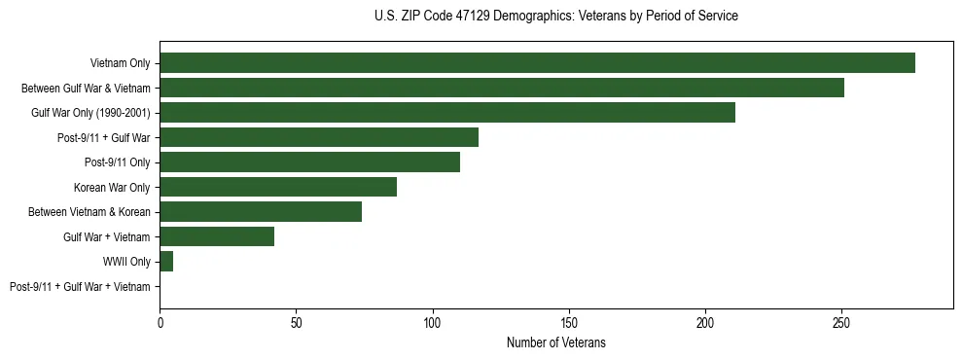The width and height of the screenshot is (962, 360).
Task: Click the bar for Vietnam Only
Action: [537, 63]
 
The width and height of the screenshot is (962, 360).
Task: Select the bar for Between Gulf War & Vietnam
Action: [502, 88]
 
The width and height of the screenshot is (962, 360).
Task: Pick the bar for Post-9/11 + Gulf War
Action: [319, 137]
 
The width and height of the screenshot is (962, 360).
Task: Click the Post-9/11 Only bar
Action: [309, 162]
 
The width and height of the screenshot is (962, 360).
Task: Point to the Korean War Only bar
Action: [278, 187]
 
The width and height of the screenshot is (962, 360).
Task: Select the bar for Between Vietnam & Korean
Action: [261, 212]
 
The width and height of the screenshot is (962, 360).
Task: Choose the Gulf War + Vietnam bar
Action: [217, 236]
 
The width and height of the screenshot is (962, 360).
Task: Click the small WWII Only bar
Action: [166, 262]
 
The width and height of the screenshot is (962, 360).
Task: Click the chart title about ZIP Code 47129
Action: [555, 17]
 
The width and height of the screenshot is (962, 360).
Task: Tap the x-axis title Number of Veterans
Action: [555, 342]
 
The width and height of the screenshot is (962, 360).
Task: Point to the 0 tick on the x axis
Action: [160, 321]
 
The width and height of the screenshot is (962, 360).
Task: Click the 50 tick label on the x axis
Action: [297, 321]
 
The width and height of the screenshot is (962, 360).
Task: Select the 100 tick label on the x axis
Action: [433, 321]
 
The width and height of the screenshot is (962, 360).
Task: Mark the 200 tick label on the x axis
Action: [706, 321]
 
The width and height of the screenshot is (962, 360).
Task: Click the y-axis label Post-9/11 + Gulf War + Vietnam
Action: [80, 287]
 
